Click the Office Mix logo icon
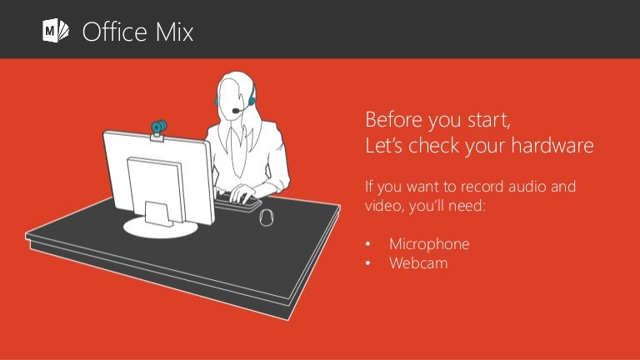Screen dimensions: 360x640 55,32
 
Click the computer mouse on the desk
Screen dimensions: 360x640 267,217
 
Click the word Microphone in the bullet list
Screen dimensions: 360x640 428,244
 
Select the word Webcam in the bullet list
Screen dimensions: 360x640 417,263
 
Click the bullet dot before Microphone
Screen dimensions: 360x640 369,245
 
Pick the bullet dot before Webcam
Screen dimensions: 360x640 369,264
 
